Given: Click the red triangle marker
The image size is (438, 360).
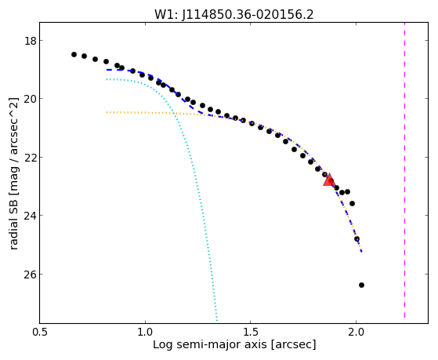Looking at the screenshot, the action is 329,180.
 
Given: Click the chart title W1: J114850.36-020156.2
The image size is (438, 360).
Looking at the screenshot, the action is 234,15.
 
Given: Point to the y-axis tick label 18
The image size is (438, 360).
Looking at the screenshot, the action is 31,41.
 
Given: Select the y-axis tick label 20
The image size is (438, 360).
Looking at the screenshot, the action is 31,99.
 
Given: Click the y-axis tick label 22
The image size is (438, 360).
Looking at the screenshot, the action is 31,157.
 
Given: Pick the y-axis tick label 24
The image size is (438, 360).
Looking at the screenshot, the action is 31,216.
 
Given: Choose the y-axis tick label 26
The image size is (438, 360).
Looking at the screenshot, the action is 31,275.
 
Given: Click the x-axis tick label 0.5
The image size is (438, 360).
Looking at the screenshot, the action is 40,333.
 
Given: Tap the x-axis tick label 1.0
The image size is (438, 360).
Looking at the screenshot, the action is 145,333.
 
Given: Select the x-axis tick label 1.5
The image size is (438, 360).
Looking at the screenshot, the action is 251,333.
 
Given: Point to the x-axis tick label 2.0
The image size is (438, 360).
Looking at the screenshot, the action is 356,333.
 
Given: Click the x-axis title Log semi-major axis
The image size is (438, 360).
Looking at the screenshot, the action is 209,345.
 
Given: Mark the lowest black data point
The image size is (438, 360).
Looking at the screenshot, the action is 361,285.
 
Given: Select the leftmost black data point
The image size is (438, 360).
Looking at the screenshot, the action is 74,54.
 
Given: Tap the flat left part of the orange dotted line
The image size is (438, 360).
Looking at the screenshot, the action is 139,113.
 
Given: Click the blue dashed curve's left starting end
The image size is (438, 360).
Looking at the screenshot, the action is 107,70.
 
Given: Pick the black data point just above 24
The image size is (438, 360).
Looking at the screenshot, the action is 353,203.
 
